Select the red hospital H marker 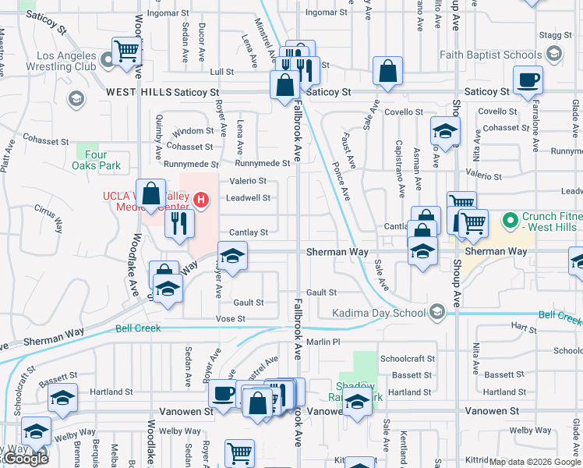click(x=202, y=200)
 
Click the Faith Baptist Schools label click(x=490, y=55)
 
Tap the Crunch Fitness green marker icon click(x=511, y=221)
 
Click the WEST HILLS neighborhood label click(x=138, y=92)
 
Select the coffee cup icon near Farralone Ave click(x=528, y=80)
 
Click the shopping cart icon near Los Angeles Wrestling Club click(x=125, y=51)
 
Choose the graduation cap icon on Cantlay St click(x=232, y=256)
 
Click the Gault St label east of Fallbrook click(x=321, y=292)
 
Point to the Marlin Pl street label click(x=323, y=342)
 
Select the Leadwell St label click(x=248, y=198)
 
